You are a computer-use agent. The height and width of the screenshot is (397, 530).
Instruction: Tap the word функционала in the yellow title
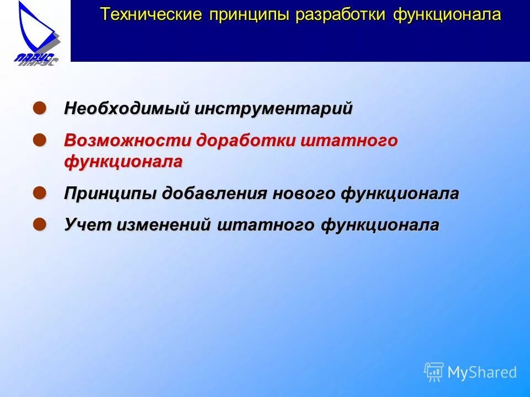click(x=447, y=14)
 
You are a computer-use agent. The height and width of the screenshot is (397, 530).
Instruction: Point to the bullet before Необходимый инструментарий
click(x=39, y=107)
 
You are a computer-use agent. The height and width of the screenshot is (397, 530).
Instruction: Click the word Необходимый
click(x=127, y=109)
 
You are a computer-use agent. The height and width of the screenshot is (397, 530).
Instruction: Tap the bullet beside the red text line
click(x=39, y=139)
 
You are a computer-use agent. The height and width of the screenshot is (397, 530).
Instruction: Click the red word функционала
click(x=123, y=162)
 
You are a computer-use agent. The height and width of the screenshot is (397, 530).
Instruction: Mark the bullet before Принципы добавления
click(x=39, y=192)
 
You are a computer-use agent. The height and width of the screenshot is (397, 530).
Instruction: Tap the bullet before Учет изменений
click(x=39, y=223)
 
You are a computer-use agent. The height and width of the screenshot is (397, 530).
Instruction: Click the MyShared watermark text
click(x=482, y=373)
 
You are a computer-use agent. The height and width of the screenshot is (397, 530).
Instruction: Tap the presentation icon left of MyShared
click(x=434, y=372)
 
